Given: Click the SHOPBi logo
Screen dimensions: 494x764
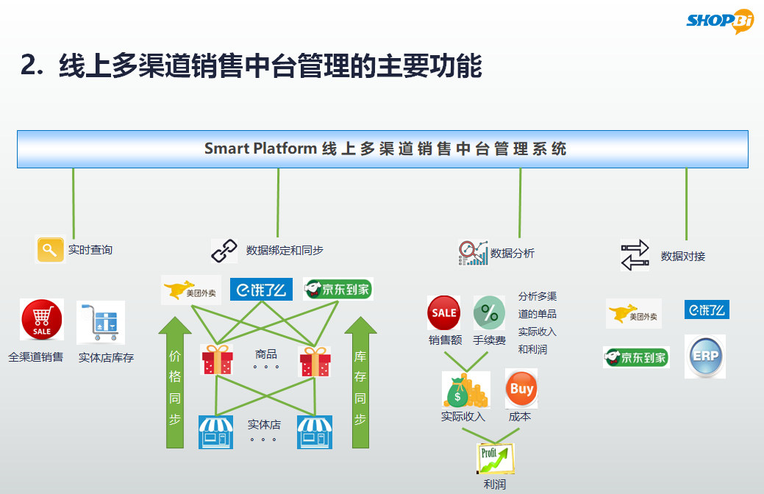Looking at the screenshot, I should [x=720, y=21].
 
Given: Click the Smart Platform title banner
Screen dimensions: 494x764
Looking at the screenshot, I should [x=382, y=148].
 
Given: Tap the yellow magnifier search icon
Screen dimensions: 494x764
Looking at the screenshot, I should [x=50, y=250].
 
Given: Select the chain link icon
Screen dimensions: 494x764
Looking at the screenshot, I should [x=224, y=251].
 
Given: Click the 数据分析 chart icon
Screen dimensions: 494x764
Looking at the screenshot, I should [x=472, y=252].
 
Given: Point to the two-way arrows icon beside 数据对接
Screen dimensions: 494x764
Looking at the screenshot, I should [x=635, y=255].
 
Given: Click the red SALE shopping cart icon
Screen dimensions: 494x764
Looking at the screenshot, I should [x=42, y=320].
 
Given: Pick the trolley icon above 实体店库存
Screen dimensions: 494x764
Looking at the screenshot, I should [x=100, y=322].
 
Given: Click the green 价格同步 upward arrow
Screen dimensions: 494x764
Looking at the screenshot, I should [x=174, y=382].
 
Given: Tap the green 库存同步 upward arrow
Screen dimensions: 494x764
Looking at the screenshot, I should [x=360, y=382].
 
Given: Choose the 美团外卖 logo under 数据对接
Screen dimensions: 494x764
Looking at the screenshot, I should [x=633, y=313].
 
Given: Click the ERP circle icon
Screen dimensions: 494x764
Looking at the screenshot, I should [x=704, y=357].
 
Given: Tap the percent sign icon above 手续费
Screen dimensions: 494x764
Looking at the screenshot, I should [x=489, y=313].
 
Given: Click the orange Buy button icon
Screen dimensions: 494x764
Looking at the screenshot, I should [x=521, y=389].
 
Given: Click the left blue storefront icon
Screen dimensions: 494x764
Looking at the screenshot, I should [x=215, y=432].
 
